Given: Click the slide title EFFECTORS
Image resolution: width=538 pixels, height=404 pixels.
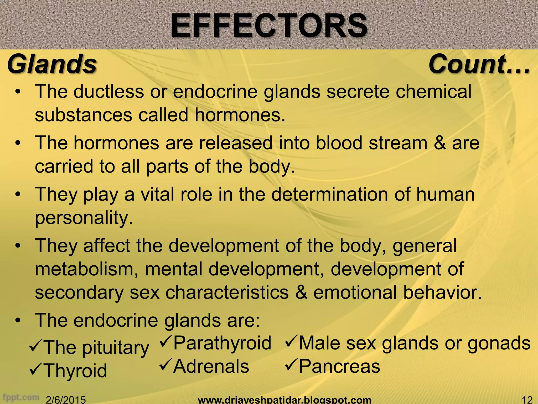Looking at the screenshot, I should (269, 26).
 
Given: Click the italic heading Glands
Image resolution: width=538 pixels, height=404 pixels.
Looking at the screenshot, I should (52, 64).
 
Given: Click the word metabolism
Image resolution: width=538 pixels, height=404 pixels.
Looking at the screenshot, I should (85, 269).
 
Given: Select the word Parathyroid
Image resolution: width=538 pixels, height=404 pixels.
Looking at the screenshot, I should (222, 343).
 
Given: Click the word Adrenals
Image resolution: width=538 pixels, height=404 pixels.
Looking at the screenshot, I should (211, 366).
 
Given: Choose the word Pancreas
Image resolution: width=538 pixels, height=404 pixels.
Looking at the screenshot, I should (339, 366).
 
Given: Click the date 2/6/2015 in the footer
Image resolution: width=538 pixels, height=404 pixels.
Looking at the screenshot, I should (66, 400).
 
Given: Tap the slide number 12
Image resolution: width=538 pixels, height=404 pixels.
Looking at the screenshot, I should (526, 400).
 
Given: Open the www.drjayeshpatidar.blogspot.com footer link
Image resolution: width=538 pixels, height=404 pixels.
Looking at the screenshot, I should (284, 400).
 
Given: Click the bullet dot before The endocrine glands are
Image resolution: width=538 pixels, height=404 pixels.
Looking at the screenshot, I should (18, 321).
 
